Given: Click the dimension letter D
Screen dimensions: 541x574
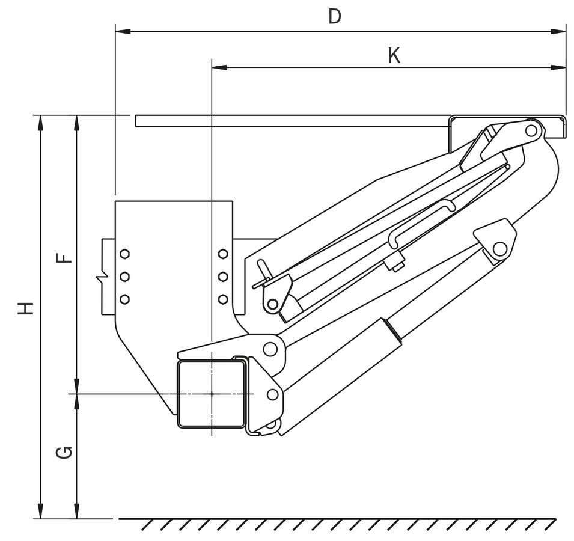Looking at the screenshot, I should tap(335, 16).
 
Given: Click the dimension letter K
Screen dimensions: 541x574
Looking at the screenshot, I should tap(394, 55).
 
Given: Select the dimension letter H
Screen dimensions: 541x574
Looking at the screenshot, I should tap(25, 308).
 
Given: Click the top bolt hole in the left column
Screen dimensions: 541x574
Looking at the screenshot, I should tap(124, 254).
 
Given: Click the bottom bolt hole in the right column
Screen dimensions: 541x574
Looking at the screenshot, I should tap(222, 299).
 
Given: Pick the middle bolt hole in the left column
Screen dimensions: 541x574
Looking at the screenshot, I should tap(124, 277).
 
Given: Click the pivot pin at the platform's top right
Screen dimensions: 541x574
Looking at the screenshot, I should tap(531, 130).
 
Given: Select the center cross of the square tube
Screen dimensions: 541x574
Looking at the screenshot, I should tap(212, 394).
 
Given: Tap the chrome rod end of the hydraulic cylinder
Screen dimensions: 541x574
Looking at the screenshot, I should tap(394, 331).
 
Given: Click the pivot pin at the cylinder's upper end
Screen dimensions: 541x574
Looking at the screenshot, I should tap(499, 248).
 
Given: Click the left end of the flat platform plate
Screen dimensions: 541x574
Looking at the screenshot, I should tap(138, 121).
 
